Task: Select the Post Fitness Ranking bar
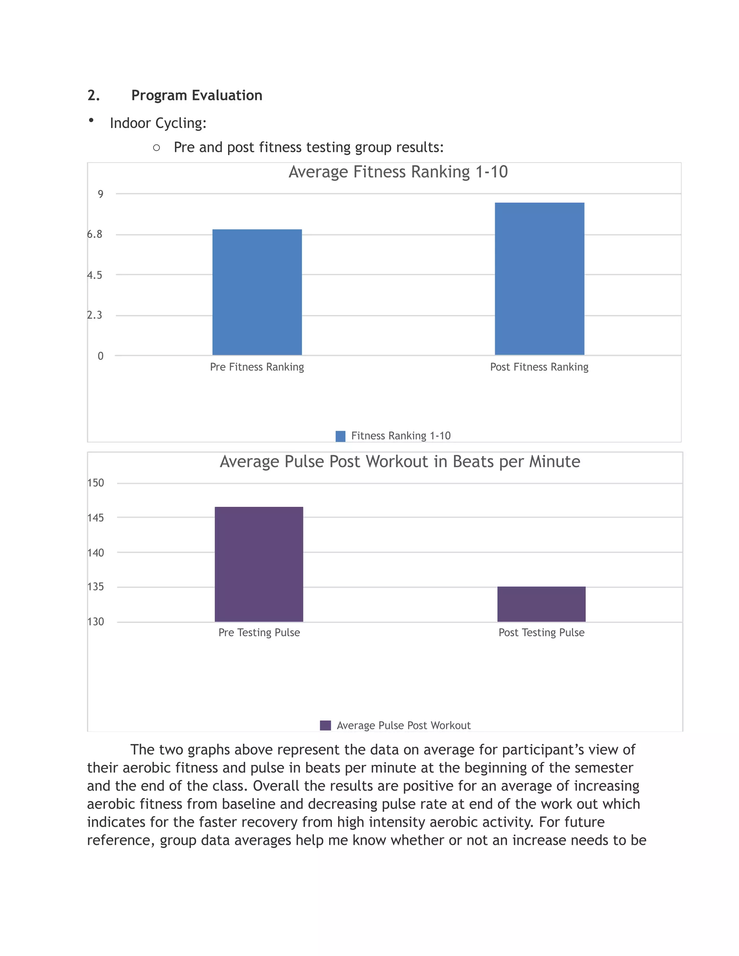pos(539,279)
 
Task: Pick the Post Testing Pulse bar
pos(541,604)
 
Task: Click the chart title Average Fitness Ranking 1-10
pos(398,172)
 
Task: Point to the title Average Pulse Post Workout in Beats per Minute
pos(400,462)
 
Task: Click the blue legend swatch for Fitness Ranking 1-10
pos(340,436)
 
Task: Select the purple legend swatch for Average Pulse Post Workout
pos(325,725)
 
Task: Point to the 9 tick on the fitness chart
pos(101,194)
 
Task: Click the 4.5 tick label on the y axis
pos(95,275)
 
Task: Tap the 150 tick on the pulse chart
pos(96,483)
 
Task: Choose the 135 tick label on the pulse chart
pos(96,587)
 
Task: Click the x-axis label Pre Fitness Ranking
pos(257,367)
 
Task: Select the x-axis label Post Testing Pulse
pos(541,632)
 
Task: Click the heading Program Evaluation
pos(197,96)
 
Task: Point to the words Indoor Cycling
pos(158,123)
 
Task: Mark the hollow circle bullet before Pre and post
pos(156,148)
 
